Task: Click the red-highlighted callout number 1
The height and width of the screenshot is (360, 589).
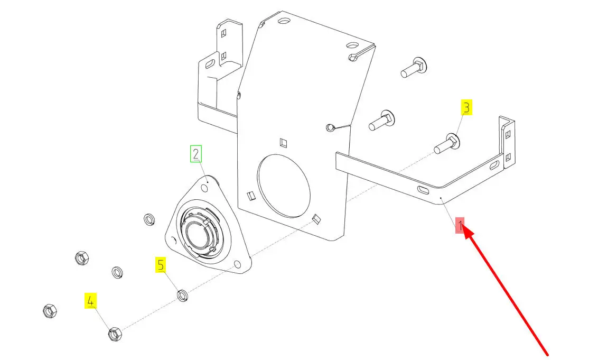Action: point(460,226)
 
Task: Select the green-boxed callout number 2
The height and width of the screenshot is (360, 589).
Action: point(195,154)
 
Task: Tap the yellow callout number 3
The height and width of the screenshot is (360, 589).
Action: point(466,107)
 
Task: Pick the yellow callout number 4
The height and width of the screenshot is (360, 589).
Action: point(90,301)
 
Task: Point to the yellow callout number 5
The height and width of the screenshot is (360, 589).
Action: point(161,265)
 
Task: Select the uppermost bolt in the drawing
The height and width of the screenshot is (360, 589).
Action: point(414,67)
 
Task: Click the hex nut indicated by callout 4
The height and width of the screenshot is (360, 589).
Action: point(115,334)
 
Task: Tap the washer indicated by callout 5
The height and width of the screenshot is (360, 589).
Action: point(183,295)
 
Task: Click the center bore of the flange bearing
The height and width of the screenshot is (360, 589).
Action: point(197,235)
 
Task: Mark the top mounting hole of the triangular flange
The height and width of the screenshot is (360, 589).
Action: point(205,188)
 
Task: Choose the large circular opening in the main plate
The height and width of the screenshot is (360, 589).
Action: point(284,186)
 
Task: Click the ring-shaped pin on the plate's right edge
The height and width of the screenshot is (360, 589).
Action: point(330,128)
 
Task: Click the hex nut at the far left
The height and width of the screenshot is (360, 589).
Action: point(50,310)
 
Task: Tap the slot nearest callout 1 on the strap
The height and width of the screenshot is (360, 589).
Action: point(423,190)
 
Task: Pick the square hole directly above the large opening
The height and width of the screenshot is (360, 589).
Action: point(284,143)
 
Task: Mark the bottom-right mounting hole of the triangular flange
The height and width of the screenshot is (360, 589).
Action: point(237,264)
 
